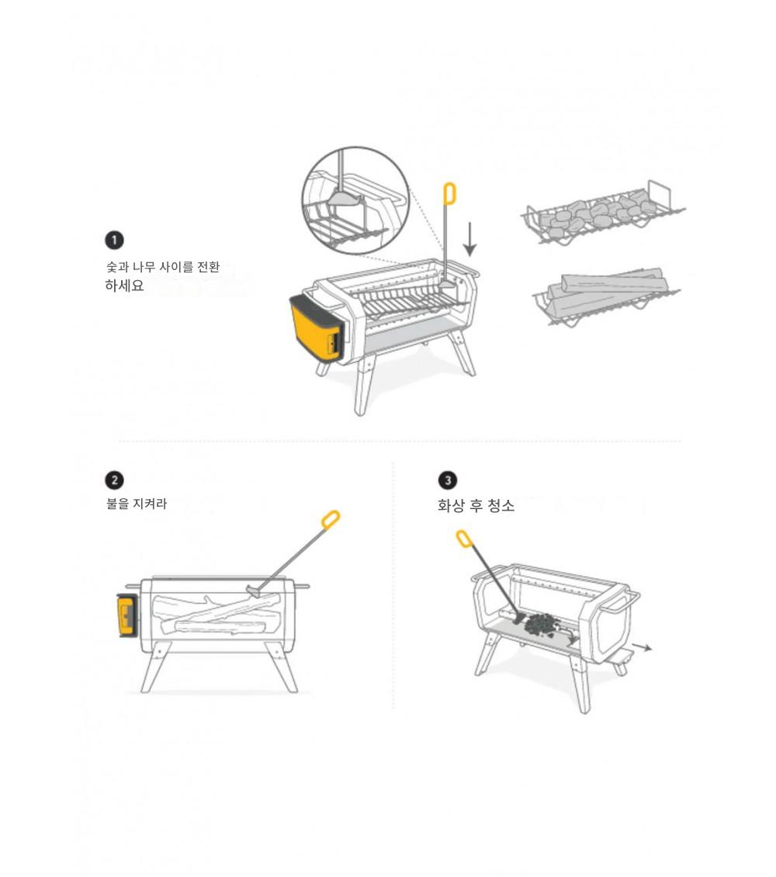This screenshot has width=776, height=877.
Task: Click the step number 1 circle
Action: click(115, 241)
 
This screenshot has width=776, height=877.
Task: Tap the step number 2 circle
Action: click(115, 480)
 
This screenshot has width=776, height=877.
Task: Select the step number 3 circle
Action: click(447, 480)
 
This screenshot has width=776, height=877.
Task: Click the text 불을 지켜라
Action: click(137, 504)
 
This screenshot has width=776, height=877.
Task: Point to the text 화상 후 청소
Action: click(476, 505)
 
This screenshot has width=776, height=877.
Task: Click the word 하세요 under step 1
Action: click(124, 286)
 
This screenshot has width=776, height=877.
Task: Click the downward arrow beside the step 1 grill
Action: click(470, 239)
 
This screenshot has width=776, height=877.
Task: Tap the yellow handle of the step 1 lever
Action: click(449, 194)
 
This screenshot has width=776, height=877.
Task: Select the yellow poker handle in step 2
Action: click(331, 519)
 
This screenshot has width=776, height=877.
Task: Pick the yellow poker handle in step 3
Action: click(464, 539)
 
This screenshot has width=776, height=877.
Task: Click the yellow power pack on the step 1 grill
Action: click(316, 329)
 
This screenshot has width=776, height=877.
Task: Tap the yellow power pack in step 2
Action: click(126, 615)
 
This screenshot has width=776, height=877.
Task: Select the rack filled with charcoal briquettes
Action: click(603, 213)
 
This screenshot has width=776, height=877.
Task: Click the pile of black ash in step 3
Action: click(541, 624)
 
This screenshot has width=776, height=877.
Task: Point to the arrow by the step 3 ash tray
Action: click(642, 648)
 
